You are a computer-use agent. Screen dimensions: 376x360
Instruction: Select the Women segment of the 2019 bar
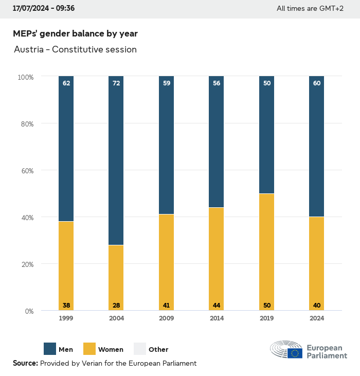[x=266, y=252]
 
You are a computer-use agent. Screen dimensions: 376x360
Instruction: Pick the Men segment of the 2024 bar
[x=316, y=147]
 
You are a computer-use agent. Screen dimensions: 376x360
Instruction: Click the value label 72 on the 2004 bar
[x=116, y=83]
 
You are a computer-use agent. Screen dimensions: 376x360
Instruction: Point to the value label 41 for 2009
[x=166, y=306]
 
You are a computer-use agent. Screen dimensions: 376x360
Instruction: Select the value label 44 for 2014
[x=217, y=306]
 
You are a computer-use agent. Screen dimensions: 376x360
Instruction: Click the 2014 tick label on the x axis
[x=217, y=318]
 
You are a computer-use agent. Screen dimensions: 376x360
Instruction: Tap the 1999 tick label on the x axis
[x=66, y=318]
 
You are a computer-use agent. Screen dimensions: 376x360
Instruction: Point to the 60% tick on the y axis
[x=25, y=171]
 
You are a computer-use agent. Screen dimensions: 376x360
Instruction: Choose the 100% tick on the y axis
[x=25, y=77]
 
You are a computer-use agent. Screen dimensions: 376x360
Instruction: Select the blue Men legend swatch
[x=50, y=349]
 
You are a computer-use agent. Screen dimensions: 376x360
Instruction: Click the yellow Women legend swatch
[x=89, y=349]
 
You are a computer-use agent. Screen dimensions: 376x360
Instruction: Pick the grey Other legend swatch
[x=140, y=349]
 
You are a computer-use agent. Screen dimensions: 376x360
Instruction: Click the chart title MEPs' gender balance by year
[x=75, y=33]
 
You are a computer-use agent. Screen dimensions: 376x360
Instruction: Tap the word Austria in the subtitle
[x=29, y=50]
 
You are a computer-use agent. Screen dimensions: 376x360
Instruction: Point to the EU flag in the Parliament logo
[x=295, y=353]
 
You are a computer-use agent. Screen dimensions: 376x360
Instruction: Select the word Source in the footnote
[x=25, y=363]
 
